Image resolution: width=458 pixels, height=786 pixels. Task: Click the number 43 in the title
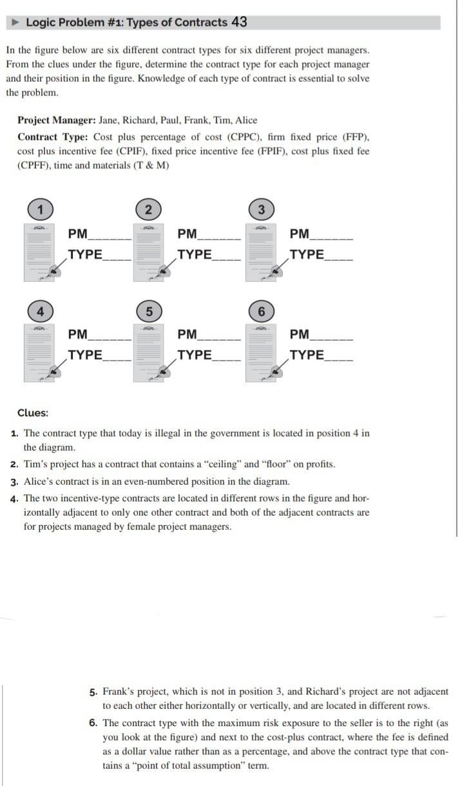point(238,23)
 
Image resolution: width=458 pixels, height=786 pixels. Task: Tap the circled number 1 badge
point(40,209)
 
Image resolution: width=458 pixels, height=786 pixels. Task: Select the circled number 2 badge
point(149,209)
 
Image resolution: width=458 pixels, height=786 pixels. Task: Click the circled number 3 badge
point(261,209)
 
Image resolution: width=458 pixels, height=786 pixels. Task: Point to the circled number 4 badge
point(40,311)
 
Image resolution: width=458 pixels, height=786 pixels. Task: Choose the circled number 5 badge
point(149,311)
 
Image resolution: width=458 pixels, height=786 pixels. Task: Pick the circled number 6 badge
point(261,311)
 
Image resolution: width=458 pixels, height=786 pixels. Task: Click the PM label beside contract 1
point(78,234)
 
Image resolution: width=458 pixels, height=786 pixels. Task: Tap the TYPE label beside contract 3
point(307,254)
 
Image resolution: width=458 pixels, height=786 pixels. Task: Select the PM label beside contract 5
point(187,334)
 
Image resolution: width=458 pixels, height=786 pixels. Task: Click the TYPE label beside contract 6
point(307,355)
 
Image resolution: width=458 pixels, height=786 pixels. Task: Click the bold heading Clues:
point(32,413)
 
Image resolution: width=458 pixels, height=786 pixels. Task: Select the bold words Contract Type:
point(53,137)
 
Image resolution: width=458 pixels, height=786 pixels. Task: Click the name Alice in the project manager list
point(245,120)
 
